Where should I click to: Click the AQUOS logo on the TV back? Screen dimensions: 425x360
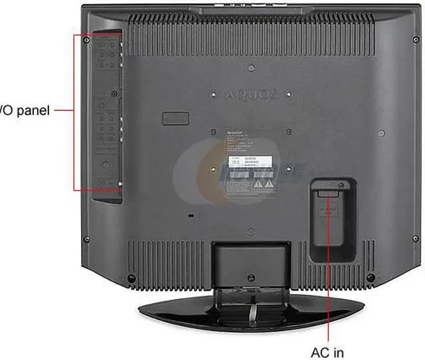pyautogui.click(x=251, y=95)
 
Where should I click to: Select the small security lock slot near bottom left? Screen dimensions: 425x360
pyautogui.click(x=191, y=217)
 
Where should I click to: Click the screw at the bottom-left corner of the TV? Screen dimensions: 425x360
pyautogui.click(x=131, y=276)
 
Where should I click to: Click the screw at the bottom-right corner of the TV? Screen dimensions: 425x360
pyautogui.click(x=377, y=276)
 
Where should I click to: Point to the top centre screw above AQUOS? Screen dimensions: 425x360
pyautogui.click(x=250, y=67)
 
